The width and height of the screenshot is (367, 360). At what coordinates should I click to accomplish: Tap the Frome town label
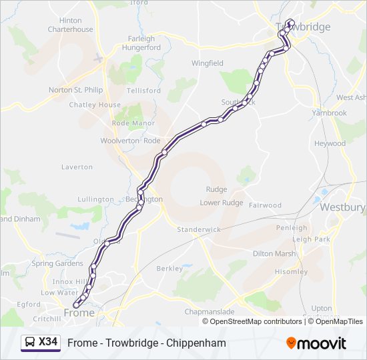click(x=79, y=312)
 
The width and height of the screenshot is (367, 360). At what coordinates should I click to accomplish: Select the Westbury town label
click(x=342, y=207)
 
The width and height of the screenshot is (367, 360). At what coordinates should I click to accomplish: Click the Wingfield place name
click(x=208, y=63)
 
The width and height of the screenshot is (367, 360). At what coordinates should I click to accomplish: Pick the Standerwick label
click(x=198, y=229)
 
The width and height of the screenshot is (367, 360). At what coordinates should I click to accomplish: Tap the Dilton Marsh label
click(x=274, y=253)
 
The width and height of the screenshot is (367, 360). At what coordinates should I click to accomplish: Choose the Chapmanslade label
click(x=209, y=311)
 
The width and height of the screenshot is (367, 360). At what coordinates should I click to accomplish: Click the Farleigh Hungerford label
click(x=141, y=43)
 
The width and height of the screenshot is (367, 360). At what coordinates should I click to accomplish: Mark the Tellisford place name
click(x=143, y=91)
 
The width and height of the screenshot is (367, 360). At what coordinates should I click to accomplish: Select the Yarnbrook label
click(x=330, y=113)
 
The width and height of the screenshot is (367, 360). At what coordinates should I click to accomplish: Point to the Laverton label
click(x=77, y=167)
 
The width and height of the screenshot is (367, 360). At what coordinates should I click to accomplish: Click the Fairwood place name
click(x=265, y=205)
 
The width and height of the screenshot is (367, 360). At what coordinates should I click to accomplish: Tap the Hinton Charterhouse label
click(x=70, y=25)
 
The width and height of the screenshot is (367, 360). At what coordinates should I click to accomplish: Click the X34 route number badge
click(x=48, y=343)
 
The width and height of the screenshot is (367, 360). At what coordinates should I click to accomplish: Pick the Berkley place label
click(x=169, y=269)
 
